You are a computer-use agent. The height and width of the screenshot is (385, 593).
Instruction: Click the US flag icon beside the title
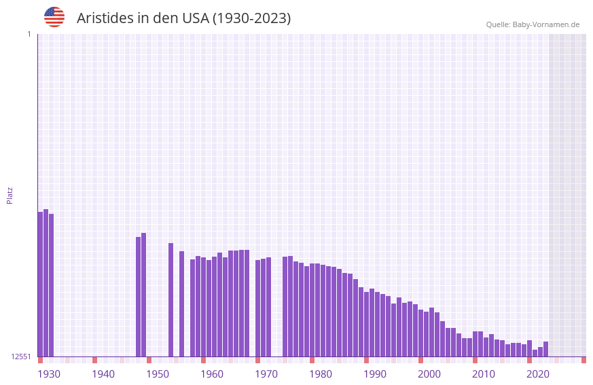54,17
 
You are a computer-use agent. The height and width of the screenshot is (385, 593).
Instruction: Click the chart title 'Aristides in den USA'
183,18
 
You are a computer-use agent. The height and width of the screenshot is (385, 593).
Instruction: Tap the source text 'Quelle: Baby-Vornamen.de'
533,24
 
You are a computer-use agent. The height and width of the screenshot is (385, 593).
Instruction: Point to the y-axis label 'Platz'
10,195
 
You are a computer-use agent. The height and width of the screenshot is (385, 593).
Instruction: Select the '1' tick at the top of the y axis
29,34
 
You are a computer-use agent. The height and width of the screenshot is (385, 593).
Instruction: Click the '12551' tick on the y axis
20,356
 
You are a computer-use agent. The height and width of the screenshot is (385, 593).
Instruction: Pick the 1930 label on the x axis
49,373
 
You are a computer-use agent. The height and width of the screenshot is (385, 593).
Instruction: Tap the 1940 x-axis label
103,373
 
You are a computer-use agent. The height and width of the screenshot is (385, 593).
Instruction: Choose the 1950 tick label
158,373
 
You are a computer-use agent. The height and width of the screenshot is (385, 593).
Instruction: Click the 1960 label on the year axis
212,373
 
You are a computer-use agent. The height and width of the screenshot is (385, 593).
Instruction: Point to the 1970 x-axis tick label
266,373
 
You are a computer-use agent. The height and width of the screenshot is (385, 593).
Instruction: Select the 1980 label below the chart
321,373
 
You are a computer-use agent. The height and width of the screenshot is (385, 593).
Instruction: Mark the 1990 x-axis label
375,373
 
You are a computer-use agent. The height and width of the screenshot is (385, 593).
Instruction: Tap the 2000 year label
429,373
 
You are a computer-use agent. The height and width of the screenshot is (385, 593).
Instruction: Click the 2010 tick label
484,373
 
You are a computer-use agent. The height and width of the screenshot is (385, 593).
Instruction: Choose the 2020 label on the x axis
538,373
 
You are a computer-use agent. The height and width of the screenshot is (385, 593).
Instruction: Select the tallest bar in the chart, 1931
46,282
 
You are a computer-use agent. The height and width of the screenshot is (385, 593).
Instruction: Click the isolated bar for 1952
170,299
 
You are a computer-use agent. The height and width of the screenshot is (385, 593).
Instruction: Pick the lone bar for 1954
181,304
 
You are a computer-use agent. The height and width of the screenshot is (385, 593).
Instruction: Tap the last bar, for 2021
545,349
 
